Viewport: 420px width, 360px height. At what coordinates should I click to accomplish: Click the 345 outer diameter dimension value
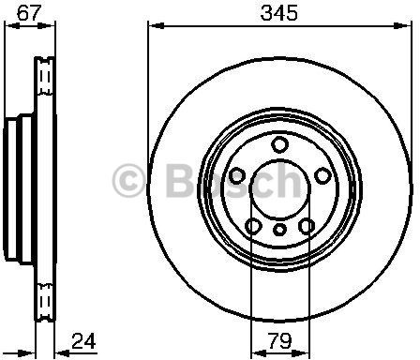click(279, 13)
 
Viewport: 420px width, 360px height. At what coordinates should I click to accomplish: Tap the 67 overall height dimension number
click(29, 13)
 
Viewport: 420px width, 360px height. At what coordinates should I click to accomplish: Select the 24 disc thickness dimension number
click(83, 341)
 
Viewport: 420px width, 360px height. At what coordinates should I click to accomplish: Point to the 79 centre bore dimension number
click(279, 341)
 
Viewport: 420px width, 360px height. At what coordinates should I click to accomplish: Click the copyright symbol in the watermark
click(128, 181)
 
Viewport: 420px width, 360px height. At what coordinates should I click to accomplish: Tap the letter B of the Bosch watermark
click(181, 180)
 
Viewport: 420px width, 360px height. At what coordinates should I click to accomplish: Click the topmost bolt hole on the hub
click(279, 144)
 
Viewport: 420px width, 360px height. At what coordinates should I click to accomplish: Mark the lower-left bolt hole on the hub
click(253, 226)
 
